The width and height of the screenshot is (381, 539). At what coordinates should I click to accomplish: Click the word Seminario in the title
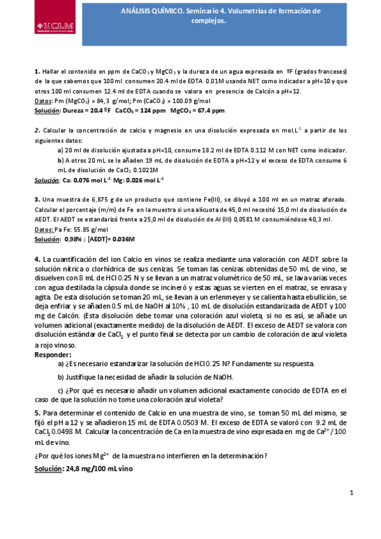[x=204, y=11]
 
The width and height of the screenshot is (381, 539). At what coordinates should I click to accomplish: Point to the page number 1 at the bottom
[x=351, y=493]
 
